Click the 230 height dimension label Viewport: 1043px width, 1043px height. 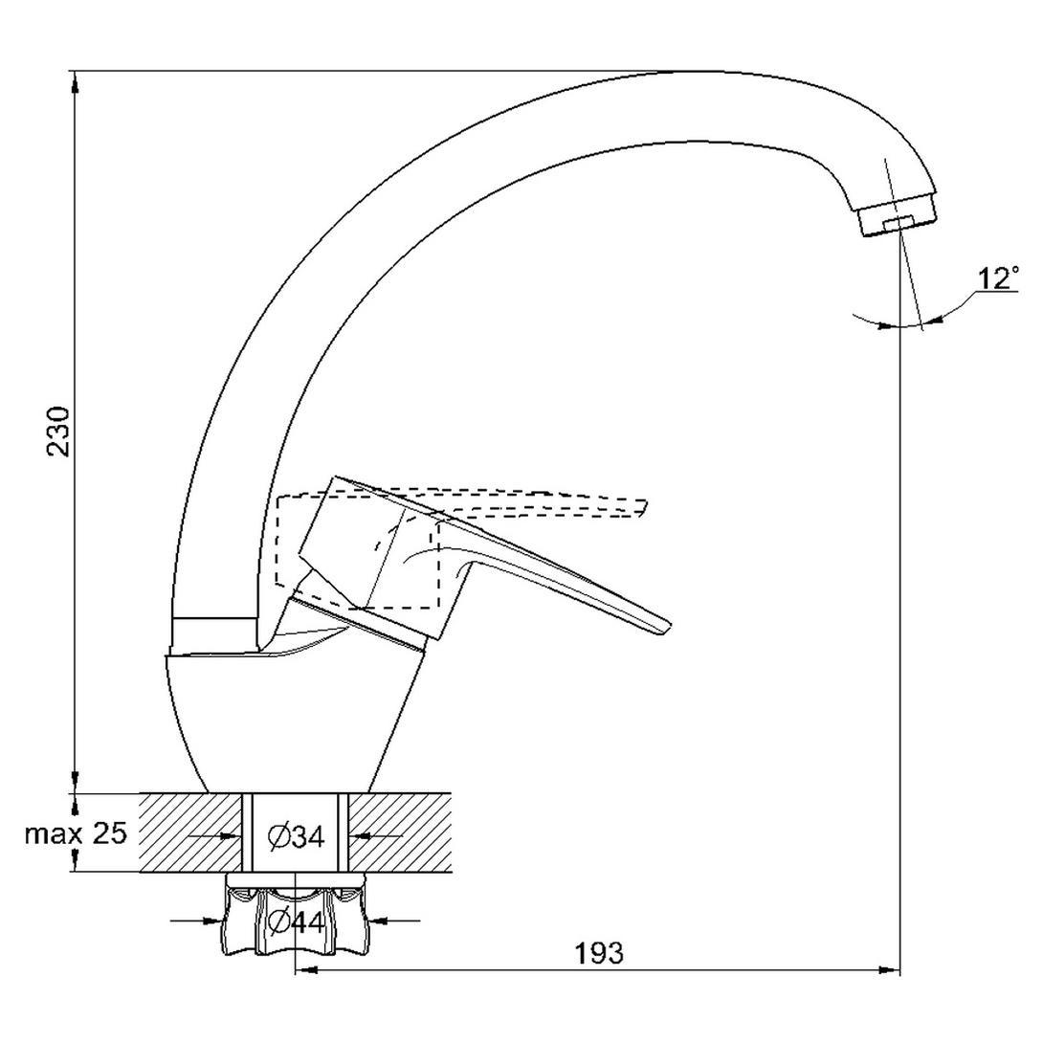[57, 431]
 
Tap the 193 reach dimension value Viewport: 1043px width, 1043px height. [599, 953]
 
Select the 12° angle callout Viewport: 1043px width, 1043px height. [998, 278]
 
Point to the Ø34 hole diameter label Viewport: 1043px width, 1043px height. [296, 837]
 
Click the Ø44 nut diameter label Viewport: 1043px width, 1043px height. [296, 921]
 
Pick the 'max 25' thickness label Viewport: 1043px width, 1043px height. [76, 832]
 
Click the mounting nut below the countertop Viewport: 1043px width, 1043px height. [296, 915]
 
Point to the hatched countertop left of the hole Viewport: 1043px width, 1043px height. [190, 832]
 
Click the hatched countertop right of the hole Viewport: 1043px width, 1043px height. [400, 832]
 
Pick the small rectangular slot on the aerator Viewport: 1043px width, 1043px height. [898, 223]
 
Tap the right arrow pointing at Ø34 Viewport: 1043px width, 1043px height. [376, 835]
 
